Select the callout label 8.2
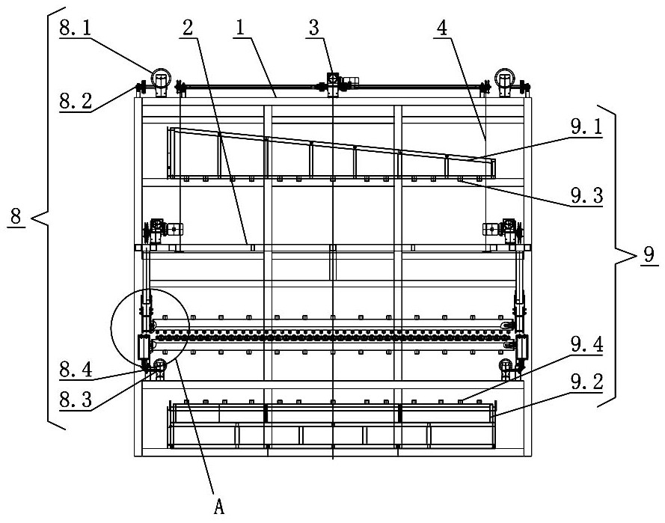(76, 102)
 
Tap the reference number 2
(188, 28)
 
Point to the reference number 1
(240, 28)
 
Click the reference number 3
(313, 28)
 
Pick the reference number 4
(442, 28)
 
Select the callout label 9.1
(586, 126)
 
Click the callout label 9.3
(586, 196)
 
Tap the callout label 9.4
(586, 345)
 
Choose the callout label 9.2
(586, 382)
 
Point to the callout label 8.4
(76, 370)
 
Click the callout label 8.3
(76, 400)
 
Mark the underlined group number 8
(16, 216)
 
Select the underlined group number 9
(649, 254)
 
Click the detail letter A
(219, 507)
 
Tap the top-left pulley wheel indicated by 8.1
(161, 78)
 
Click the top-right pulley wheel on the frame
(505, 78)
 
